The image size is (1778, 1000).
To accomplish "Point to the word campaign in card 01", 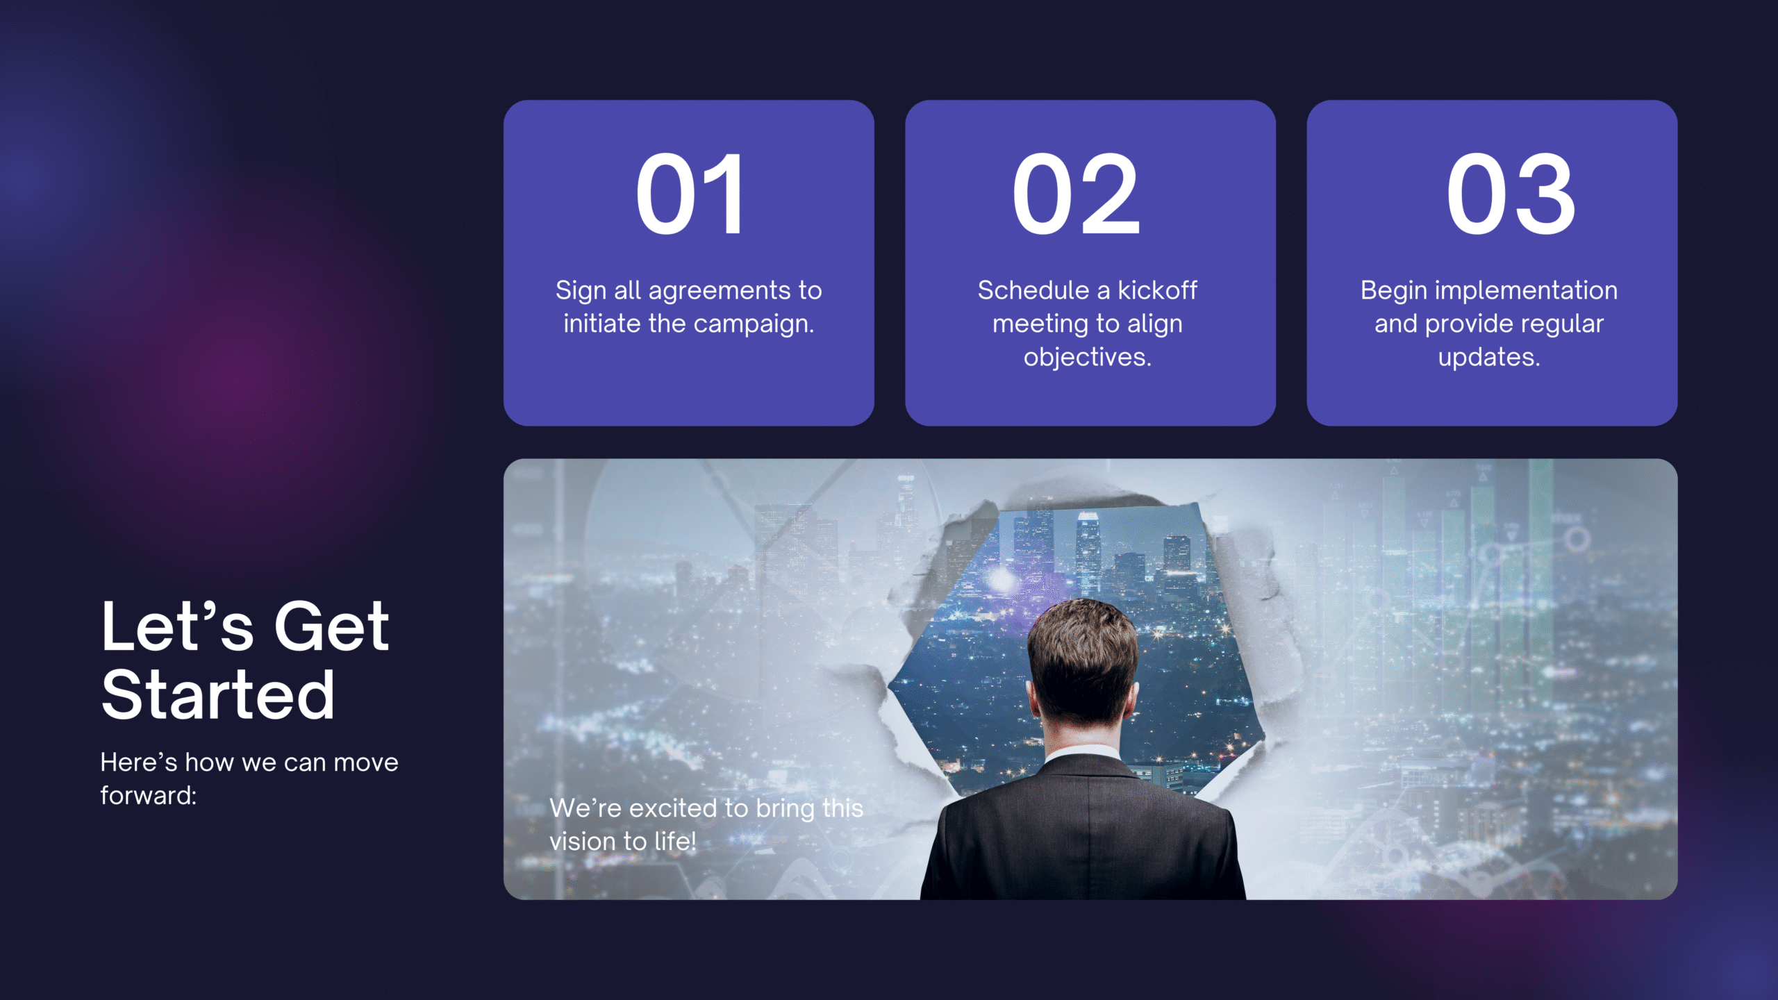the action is [x=751, y=324].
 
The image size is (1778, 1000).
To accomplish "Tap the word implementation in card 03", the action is [x=1526, y=291].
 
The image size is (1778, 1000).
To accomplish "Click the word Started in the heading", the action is [x=218, y=694].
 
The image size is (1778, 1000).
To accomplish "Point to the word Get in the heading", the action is [x=331, y=626].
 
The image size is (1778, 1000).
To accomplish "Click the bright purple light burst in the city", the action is [x=1001, y=578].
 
